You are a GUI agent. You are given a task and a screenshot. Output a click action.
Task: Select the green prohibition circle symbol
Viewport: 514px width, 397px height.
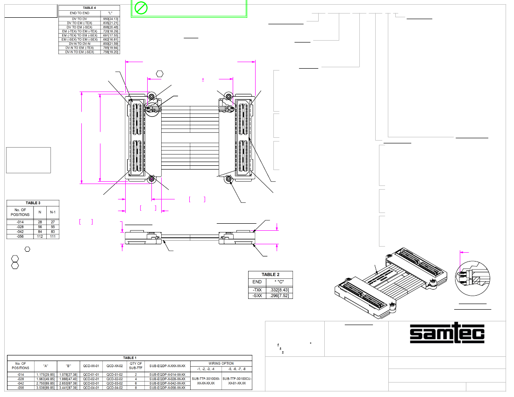point(141,8)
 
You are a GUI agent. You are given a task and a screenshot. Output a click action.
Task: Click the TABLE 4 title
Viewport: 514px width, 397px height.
point(89,8)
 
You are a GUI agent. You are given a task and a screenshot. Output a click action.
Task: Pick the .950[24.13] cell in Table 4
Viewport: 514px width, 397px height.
point(110,19)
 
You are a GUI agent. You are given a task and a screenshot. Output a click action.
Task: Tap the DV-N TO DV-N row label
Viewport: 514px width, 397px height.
point(80,43)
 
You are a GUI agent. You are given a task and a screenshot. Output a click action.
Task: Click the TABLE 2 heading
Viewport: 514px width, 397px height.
point(271,275)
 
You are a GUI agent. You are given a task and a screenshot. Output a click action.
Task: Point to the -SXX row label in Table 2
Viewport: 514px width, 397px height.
point(257,295)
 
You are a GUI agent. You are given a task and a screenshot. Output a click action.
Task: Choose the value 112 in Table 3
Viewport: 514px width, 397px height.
point(39,236)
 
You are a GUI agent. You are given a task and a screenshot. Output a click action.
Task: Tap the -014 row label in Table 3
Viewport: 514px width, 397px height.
point(20,222)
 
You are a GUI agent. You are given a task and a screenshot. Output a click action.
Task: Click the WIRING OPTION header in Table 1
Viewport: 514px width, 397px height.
point(221,363)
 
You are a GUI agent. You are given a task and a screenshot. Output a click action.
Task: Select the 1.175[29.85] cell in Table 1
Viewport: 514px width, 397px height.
point(46,375)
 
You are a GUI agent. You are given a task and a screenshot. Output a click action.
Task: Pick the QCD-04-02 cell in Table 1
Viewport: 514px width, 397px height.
point(114,388)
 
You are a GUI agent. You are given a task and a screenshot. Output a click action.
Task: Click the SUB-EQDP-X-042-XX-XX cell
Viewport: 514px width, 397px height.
point(167,383)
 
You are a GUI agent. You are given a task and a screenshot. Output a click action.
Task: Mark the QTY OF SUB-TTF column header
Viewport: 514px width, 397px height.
point(135,365)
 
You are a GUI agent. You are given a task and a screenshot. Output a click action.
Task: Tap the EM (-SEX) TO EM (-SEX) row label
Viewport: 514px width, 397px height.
point(80,40)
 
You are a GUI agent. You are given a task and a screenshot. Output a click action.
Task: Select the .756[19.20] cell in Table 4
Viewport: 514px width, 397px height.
point(110,52)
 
